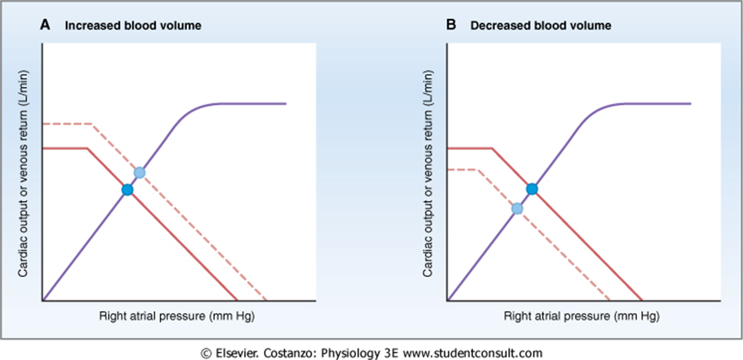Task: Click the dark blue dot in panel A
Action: point(127,190)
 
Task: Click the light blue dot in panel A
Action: point(139,173)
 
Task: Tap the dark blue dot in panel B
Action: point(532,189)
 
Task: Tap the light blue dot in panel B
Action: point(517,209)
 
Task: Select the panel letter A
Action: point(45,25)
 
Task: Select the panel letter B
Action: point(451,25)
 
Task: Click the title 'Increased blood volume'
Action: point(133,26)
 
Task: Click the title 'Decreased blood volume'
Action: point(540,26)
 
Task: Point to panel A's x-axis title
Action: point(176,317)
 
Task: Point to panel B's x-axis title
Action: point(581,317)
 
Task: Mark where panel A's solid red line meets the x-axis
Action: point(237,300)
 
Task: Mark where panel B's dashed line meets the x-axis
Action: point(610,300)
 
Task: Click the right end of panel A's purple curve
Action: point(286,104)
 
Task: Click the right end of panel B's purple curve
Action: point(690,104)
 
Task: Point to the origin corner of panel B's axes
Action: point(448,300)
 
